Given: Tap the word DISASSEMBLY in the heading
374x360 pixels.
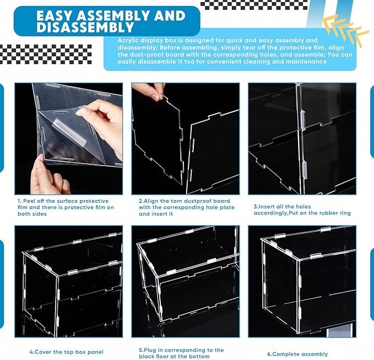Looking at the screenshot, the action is click(x=85, y=27).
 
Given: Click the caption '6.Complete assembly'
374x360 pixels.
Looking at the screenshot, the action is click(x=297, y=354).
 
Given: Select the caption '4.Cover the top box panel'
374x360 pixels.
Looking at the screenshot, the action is click(x=67, y=352).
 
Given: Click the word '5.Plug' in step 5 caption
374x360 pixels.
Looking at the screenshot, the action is click(x=148, y=350).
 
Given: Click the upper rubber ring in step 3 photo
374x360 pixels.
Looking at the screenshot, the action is click(x=303, y=120).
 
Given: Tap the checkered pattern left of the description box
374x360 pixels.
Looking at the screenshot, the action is click(x=46, y=54).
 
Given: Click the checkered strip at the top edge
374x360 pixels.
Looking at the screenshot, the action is click(x=254, y=6).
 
